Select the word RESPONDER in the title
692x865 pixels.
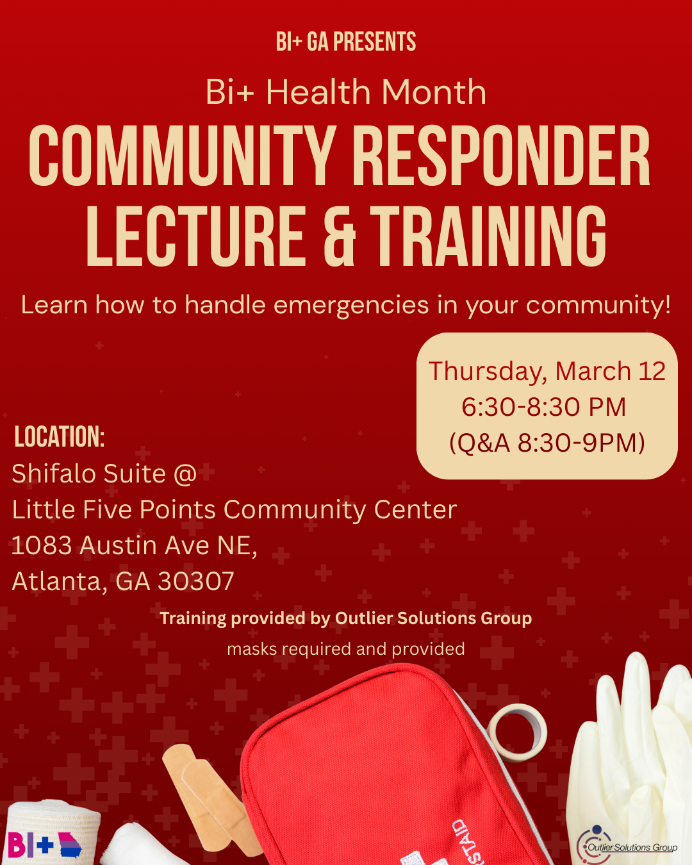tap(501, 157)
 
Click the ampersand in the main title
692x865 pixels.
tap(339, 237)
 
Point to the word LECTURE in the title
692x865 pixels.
tap(196, 237)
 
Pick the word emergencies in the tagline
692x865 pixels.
tap(351, 306)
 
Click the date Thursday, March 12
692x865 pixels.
tap(547, 372)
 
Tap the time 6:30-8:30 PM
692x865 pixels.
tap(543, 408)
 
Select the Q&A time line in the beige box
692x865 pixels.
tap(547, 443)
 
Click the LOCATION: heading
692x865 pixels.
tap(59, 437)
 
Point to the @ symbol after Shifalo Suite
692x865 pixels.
tap(185, 474)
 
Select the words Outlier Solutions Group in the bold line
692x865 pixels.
tap(433, 618)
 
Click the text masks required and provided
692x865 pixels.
tap(346, 649)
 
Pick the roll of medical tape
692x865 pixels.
tap(518, 732)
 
